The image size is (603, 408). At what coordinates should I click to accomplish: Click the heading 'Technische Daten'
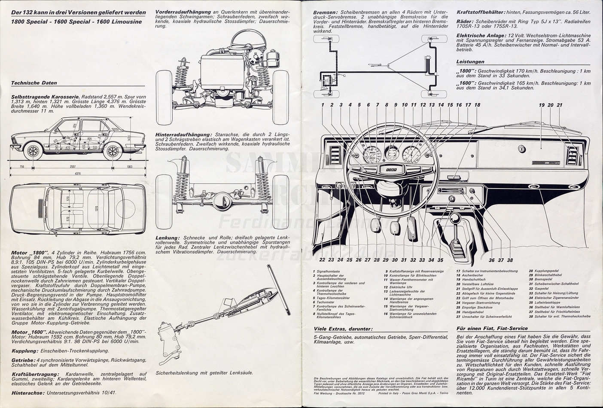(x=34, y=83)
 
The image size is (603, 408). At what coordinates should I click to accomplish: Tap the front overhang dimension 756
(x=22, y=167)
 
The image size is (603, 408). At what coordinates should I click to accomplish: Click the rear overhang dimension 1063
(x=130, y=167)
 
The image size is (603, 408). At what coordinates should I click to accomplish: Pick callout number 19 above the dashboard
(x=542, y=105)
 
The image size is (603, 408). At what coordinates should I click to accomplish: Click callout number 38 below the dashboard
(x=510, y=260)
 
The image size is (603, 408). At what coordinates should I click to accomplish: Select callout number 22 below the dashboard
(x=322, y=260)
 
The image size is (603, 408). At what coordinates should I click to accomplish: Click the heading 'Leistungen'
(x=470, y=62)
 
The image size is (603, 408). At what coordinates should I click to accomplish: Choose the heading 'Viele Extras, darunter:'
(x=343, y=329)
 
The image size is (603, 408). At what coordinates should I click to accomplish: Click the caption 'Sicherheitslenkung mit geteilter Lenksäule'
(x=204, y=372)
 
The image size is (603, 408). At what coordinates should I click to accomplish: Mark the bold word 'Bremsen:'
(x=326, y=12)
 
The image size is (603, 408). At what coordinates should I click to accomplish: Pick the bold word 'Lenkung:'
(x=167, y=237)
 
